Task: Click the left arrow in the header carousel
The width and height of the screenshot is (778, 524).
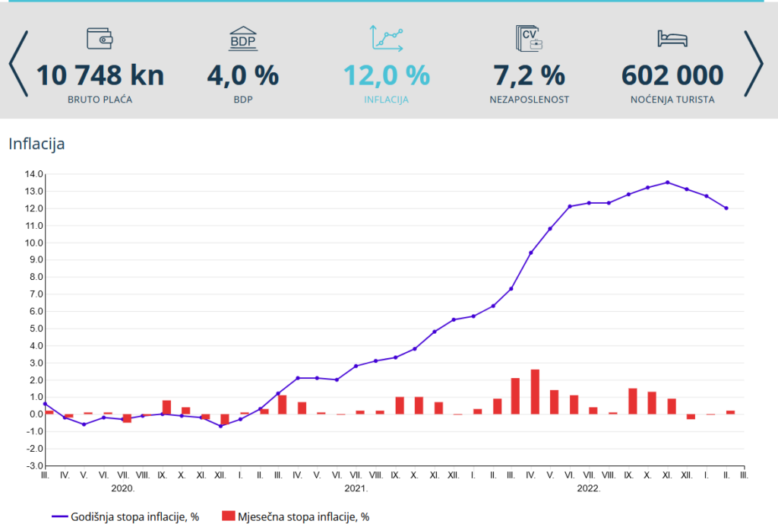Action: [18, 64]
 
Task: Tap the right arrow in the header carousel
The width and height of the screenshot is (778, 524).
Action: [753, 64]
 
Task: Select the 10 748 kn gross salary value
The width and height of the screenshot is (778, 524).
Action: [100, 75]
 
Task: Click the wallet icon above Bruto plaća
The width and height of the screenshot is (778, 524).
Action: [100, 39]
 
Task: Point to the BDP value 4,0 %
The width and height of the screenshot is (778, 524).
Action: [243, 75]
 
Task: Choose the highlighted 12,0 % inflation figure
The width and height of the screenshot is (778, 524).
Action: [387, 75]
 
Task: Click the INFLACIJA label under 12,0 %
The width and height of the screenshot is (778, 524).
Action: [387, 100]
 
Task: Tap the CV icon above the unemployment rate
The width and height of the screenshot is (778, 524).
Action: [529, 39]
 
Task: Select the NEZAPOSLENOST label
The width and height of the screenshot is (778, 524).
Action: [530, 100]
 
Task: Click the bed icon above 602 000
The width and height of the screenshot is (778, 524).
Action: [672, 39]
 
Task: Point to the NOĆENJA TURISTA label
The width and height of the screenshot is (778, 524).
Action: [672, 100]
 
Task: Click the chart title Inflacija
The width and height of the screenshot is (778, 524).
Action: [36, 144]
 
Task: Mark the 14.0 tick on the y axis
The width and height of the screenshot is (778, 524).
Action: [33, 174]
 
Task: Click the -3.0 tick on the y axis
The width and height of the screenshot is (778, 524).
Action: [33, 465]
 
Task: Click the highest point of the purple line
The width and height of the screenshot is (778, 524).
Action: [667, 183]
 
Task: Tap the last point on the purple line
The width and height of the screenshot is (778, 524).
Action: [726, 208]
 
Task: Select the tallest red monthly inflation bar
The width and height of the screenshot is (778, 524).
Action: [535, 392]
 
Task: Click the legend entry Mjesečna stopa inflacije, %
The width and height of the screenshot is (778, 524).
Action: [296, 516]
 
